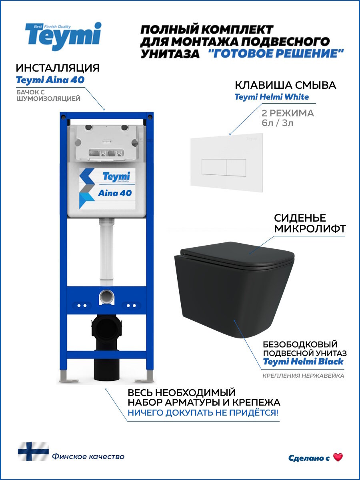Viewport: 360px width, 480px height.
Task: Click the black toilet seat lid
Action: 236,256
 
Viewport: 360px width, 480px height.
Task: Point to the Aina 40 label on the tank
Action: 115,193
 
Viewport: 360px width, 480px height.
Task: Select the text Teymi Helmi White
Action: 272,97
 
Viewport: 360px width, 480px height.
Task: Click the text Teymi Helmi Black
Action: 303,362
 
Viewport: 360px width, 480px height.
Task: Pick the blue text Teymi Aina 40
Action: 50,80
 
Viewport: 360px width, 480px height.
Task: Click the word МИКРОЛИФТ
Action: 310,229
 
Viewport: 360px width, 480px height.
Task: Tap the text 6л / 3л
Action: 277,123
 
